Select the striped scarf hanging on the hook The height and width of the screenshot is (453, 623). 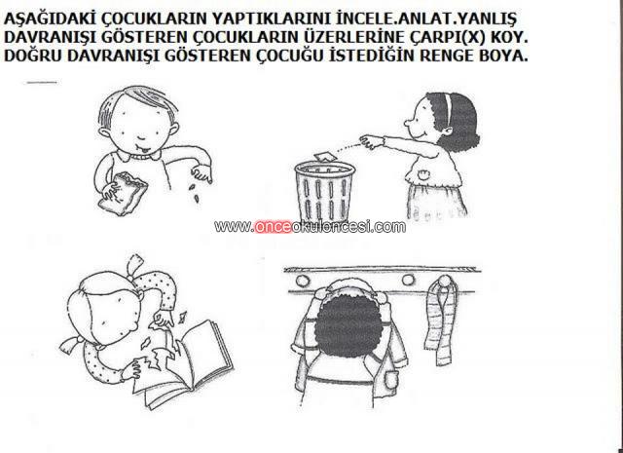[439, 321]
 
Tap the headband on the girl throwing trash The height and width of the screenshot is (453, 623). [448, 108]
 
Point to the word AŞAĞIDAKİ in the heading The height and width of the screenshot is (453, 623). [51, 19]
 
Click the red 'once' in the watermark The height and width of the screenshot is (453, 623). [273, 227]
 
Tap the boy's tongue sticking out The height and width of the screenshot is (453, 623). [146, 150]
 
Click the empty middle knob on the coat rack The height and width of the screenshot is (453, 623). [408, 280]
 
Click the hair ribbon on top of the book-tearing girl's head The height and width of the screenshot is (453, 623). [135, 262]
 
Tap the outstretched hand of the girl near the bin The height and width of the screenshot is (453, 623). [369, 141]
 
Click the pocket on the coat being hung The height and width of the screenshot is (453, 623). [390, 381]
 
